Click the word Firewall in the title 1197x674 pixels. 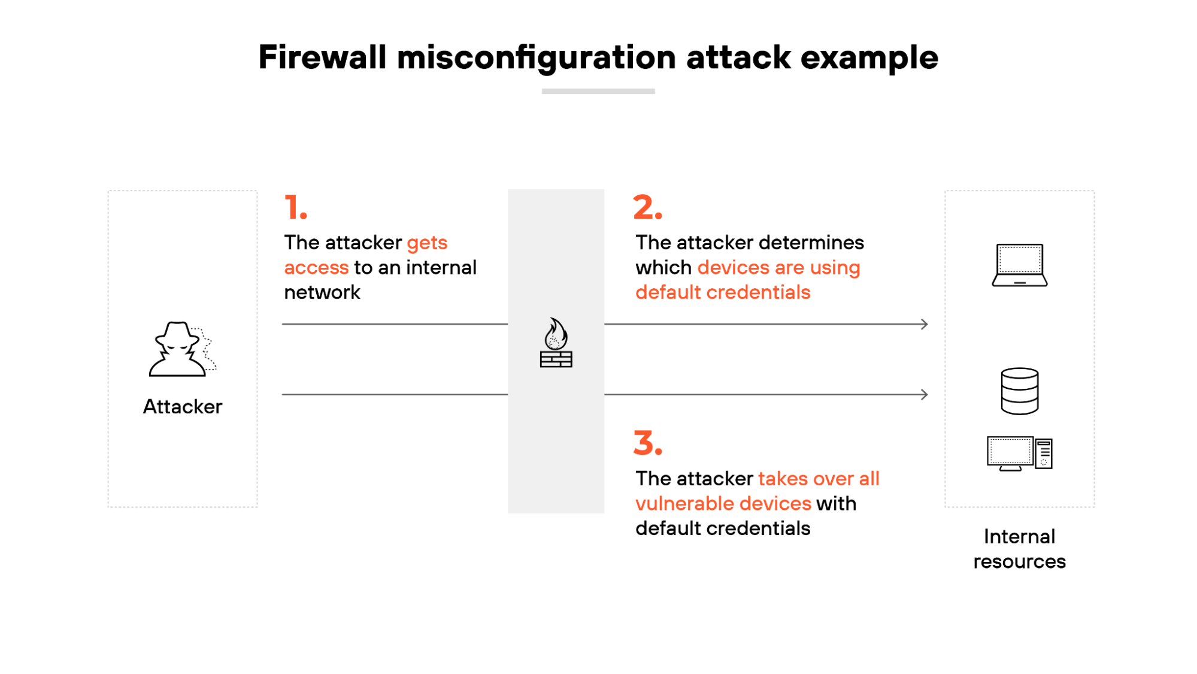tap(322, 58)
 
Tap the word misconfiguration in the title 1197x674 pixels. tap(537, 59)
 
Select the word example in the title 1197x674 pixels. tap(869, 59)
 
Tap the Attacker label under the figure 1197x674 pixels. tap(183, 407)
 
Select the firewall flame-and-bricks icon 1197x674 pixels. tap(556, 343)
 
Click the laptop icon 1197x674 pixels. tap(1019, 265)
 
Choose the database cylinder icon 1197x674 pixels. tap(1019, 391)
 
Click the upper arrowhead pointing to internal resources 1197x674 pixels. tap(924, 324)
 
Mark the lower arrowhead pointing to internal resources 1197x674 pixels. tap(924, 394)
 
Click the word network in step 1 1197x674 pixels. tap(322, 292)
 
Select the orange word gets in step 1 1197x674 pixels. tap(427, 243)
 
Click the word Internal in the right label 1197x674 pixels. tap(1019, 537)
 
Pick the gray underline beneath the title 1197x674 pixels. tap(598, 92)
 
